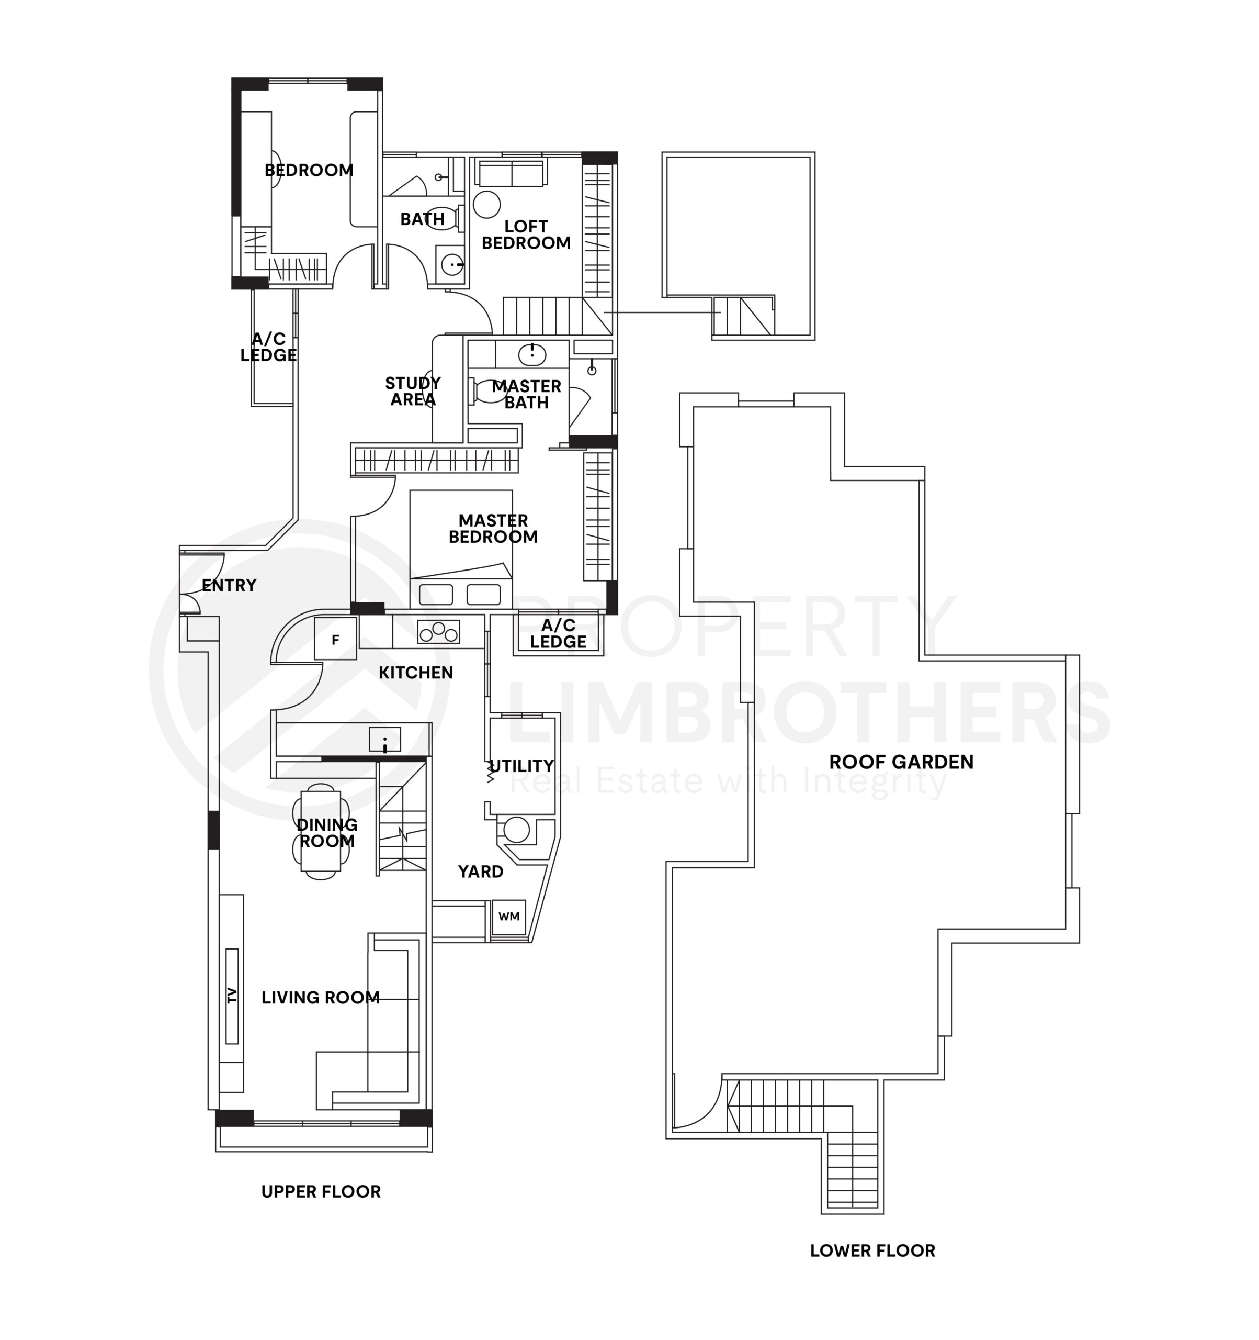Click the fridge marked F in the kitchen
[x=335, y=639]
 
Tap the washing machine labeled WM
[x=508, y=916]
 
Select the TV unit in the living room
[x=232, y=996]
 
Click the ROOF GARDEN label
[x=901, y=762]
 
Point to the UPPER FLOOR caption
[x=321, y=1191]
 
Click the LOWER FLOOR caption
[x=872, y=1250]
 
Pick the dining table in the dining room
[x=321, y=831]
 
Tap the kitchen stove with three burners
[x=438, y=632]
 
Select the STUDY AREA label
[x=412, y=391]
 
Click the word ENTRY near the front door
[x=229, y=585]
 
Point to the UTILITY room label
[x=521, y=766]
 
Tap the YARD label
[x=480, y=872]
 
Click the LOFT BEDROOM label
[x=526, y=234]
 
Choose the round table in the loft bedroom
[x=486, y=204]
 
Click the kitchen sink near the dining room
[x=384, y=740]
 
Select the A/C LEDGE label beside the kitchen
[x=558, y=633]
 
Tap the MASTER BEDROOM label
[x=493, y=529]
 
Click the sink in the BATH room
[x=451, y=264]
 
